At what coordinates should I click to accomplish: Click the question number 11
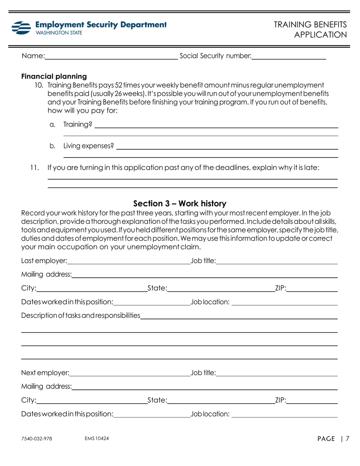click(x=35, y=167)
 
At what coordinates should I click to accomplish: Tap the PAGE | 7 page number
click(x=333, y=439)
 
